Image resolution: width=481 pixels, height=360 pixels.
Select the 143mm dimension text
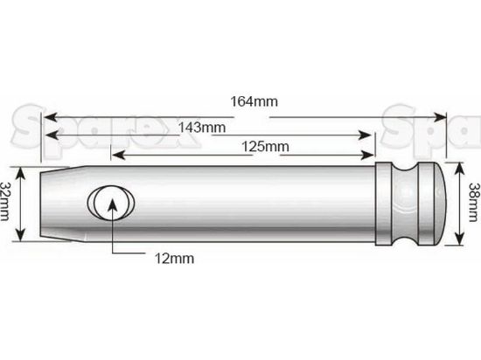[201, 127]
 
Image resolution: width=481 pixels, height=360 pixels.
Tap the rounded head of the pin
[442, 204]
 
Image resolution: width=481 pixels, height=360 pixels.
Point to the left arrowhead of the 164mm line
[50, 114]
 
